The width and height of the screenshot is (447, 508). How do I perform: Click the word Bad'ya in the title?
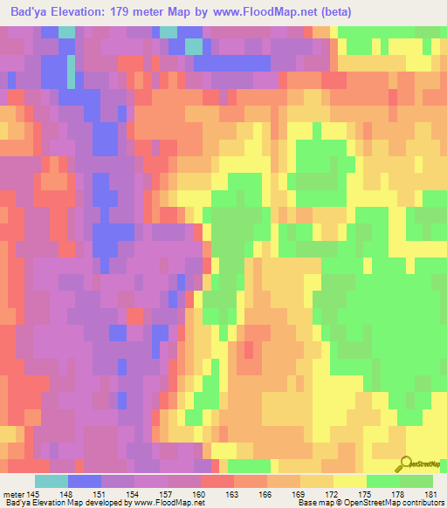[x=27, y=12]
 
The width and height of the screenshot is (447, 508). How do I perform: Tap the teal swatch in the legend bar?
[x=52, y=481]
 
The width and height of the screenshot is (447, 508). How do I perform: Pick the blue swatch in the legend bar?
[x=85, y=481]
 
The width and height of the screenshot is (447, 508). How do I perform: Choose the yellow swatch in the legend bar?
[x=350, y=481]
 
